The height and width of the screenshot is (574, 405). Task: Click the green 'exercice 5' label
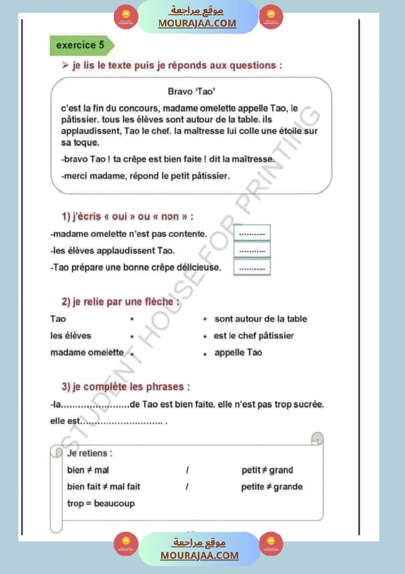pyautogui.click(x=81, y=45)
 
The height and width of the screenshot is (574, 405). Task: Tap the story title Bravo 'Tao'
pyautogui.click(x=192, y=91)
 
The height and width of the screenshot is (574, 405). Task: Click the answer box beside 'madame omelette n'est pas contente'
pyautogui.click(x=252, y=234)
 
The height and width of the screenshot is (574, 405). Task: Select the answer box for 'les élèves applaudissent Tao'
pyautogui.click(x=252, y=250)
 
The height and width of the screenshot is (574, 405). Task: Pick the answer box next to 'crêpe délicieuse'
pyautogui.click(x=252, y=268)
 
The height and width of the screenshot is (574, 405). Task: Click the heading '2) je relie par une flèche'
pyautogui.click(x=120, y=302)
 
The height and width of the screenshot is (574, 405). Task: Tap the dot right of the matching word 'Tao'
pyautogui.click(x=132, y=319)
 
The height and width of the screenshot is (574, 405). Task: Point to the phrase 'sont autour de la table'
pyautogui.click(x=261, y=319)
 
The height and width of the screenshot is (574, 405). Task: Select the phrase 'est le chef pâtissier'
pyautogui.click(x=254, y=336)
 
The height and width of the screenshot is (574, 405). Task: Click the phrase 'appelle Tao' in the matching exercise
pyautogui.click(x=238, y=353)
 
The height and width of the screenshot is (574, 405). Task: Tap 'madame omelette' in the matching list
pyautogui.click(x=87, y=353)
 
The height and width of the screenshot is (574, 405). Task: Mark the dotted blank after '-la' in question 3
pyautogui.click(x=94, y=405)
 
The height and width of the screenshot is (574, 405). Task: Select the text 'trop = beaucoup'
pyautogui.click(x=101, y=503)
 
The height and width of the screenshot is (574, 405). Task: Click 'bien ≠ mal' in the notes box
pyautogui.click(x=88, y=470)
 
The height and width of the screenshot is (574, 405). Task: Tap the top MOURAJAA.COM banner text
pyautogui.click(x=197, y=23)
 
